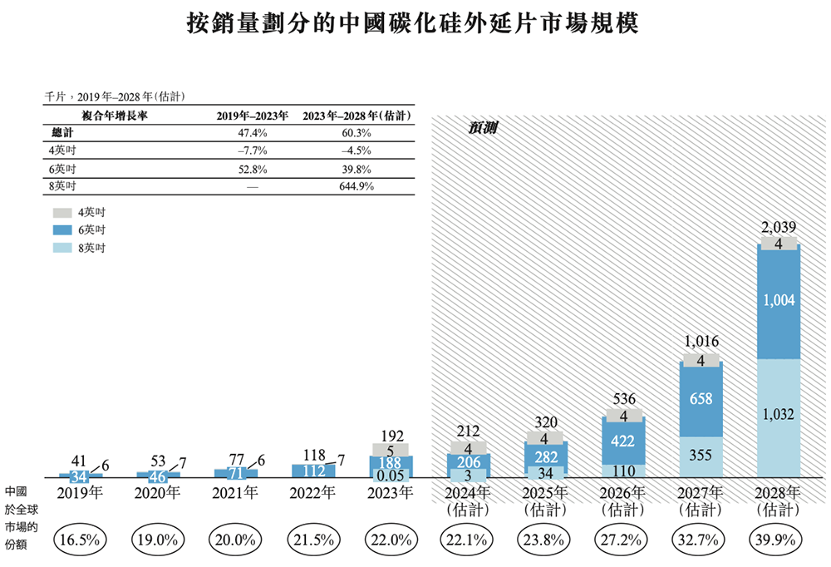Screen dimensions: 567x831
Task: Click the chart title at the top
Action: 413,23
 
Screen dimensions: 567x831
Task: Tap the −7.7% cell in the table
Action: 252,150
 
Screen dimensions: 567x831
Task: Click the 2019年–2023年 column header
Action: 252,116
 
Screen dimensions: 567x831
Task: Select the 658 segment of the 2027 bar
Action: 701,400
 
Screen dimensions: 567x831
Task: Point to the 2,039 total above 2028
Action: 779,227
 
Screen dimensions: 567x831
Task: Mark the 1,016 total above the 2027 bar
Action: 701,341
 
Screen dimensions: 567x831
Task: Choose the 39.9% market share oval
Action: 779,540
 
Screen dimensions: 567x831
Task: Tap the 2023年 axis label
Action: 389,492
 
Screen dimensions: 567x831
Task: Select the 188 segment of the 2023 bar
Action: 389,462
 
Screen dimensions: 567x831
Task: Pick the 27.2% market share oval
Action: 622,540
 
